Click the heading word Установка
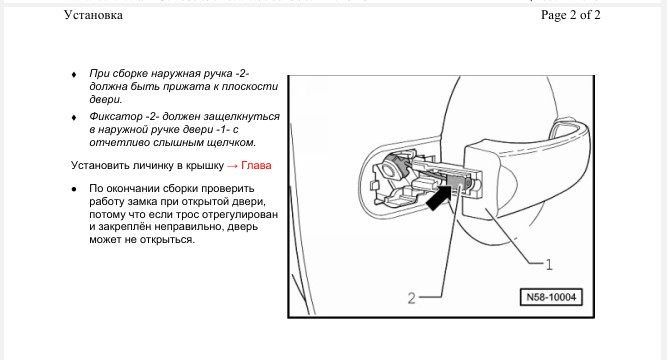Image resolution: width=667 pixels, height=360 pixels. (x=93, y=15)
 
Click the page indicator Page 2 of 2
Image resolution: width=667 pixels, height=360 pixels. (x=570, y=15)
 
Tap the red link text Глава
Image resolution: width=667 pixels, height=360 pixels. (x=256, y=166)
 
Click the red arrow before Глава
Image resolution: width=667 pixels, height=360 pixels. (x=232, y=166)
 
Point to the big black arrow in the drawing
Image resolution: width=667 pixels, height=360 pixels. (x=439, y=196)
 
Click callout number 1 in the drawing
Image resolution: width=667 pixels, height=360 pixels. (x=549, y=265)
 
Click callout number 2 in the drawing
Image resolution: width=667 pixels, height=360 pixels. (x=411, y=298)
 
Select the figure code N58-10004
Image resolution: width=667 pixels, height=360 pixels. (x=551, y=297)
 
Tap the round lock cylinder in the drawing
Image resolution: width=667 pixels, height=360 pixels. (x=390, y=169)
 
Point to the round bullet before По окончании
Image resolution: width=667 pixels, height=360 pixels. (x=74, y=189)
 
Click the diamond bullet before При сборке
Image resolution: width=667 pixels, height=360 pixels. (x=74, y=74)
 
